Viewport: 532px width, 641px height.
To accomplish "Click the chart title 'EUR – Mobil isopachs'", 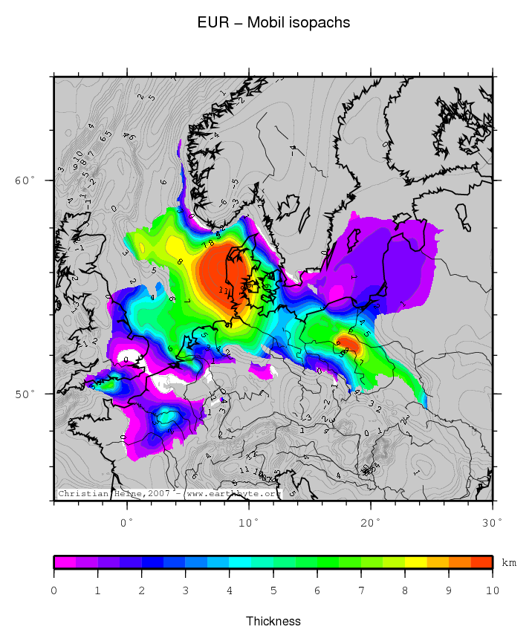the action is click(273, 23).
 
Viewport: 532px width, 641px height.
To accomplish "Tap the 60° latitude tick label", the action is click(25, 180).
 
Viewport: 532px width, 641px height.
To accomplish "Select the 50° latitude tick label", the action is click(25, 394).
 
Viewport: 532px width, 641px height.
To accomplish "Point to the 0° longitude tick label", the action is click(126, 523).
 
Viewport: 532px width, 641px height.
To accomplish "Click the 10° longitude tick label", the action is click(249, 523).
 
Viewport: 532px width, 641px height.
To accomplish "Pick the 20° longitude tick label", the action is click(371, 523).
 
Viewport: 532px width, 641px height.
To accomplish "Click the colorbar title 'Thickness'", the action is click(273, 621).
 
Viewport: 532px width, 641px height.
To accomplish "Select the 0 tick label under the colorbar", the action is click(54, 590).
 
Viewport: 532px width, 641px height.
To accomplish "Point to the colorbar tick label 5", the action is click(273, 590).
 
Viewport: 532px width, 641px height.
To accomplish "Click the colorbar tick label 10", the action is click(492, 590).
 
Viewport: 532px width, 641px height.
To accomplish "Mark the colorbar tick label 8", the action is click(405, 590).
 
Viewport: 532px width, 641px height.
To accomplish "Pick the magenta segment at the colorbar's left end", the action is click(65, 562).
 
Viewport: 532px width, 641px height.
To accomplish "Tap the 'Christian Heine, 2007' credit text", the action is click(116, 493).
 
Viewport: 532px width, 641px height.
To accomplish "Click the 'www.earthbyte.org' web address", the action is click(231, 493).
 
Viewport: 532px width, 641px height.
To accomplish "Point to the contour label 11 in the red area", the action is click(223, 289).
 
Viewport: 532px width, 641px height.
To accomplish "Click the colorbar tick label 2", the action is click(142, 590).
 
